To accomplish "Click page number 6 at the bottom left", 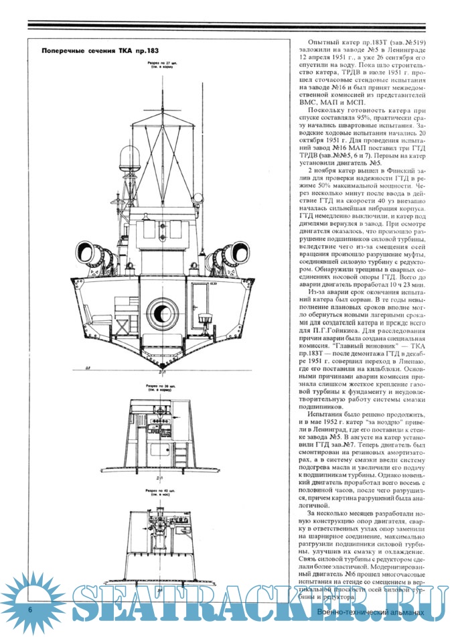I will [x=30, y=610].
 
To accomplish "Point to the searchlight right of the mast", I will [x=199, y=198].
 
